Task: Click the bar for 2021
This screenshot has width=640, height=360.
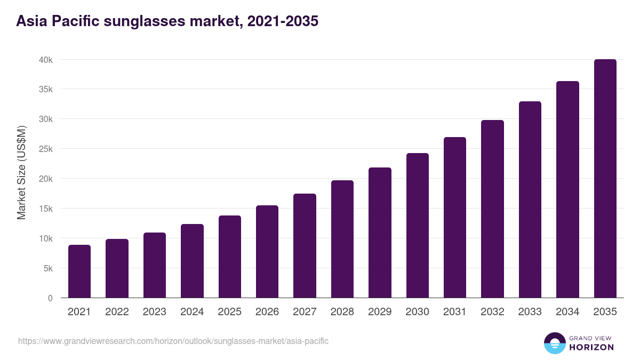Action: pyautogui.click(x=79, y=271)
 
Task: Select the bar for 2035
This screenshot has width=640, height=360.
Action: pyautogui.click(x=605, y=179)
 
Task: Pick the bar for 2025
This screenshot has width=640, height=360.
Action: pyautogui.click(x=230, y=257)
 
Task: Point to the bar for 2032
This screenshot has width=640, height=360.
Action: pyautogui.click(x=492, y=209)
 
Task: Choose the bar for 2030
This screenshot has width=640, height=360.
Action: pyautogui.click(x=417, y=226)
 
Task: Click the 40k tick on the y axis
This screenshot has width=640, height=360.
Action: pyautogui.click(x=46, y=60)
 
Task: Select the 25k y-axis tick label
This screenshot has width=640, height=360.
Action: pyautogui.click(x=46, y=149)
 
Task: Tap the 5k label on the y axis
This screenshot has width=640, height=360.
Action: pyautogui.click(x=48, y=269)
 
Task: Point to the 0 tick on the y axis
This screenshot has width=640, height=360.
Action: pyautogui.click(x=50, y=299)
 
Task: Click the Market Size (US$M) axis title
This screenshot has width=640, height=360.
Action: pyautogui.click(x=21, y=172)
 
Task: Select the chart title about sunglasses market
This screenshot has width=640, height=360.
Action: pyautogui.click(x=167, y=21)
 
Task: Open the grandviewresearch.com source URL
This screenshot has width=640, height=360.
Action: pyautogui.click(x=173, y=341)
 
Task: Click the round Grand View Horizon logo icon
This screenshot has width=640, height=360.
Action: pyautogui.click(x=555, y=343)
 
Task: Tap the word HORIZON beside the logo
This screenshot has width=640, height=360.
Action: pyautogui.click(x=591, y=348)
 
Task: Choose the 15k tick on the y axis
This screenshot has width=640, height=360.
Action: pyautogui.click(x=46, y=209)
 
